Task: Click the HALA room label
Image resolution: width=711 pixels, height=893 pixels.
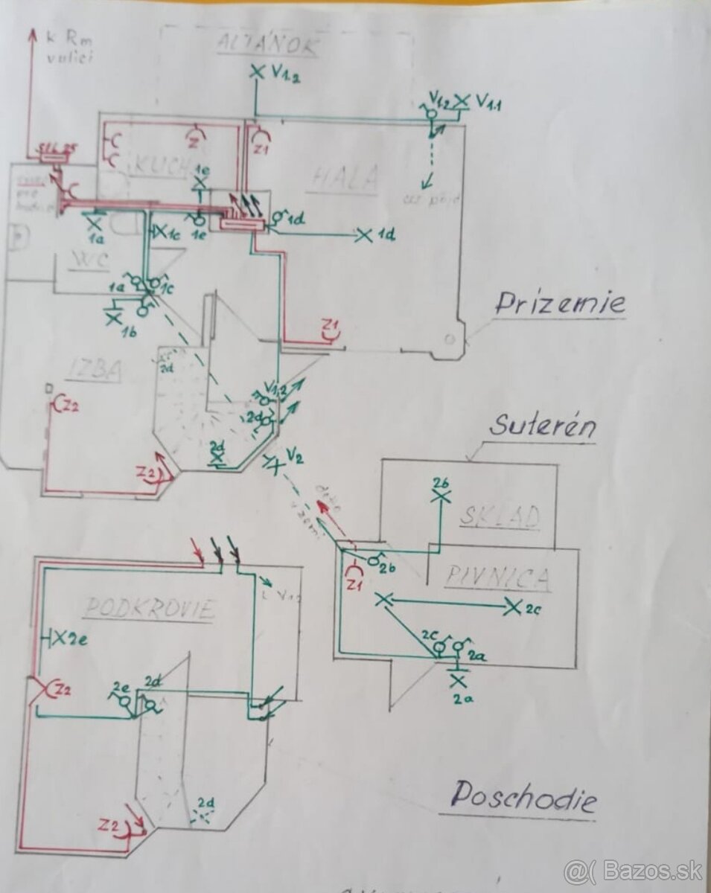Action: [345, 178]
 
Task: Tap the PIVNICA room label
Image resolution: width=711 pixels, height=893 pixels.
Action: [499, 577]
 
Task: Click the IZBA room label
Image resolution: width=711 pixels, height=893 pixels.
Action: [92, 370]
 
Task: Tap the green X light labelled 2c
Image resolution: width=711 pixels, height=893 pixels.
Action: [512, 607]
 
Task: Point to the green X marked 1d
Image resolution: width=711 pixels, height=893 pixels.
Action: [364, 235]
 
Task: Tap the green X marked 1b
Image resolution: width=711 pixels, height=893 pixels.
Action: [114, 318]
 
